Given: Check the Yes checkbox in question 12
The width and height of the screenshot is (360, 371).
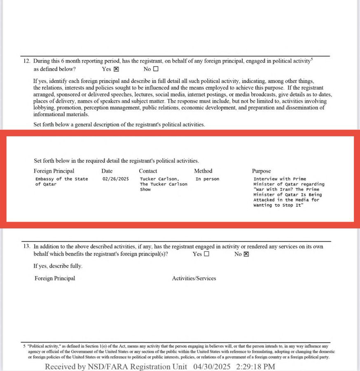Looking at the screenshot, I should click(x=116, y=69).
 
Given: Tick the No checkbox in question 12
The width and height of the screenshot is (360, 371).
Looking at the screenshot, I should click(x=156, y=69).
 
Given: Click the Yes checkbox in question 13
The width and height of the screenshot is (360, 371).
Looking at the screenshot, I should click(x=207, y=254).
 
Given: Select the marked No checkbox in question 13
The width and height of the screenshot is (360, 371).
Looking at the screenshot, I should click(x=246, y=254).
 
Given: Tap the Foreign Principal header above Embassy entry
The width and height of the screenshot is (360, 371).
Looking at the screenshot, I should click(x=54, y=171).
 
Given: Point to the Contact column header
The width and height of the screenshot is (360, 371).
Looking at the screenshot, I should click(x=148, y=171).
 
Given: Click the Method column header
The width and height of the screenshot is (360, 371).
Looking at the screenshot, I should click(x=203, y=171).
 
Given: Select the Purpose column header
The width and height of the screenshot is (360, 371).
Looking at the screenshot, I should click(x=262, y=171).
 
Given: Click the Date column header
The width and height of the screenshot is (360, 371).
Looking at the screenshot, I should click(x=107, y=171).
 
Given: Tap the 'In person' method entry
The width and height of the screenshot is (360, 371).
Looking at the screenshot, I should click(x=207, y=179).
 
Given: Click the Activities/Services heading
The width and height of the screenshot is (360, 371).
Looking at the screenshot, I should click(x=194, y=278).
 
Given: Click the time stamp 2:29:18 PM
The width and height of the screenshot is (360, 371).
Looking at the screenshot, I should click(x=255, y=366).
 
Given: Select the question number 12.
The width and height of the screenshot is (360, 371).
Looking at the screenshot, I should click(x=26, y=61).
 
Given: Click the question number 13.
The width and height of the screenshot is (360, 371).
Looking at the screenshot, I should click(x=26, y=247).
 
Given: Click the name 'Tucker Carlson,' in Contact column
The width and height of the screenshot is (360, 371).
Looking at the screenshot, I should click(x=158, y=179).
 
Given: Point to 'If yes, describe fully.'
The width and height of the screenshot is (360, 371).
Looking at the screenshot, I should click(x=58, y=266).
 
